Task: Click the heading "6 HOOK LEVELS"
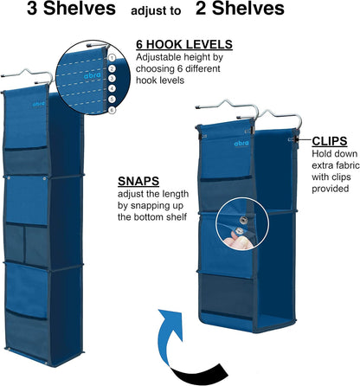184,45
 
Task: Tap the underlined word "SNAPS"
138,181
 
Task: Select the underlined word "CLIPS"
330,141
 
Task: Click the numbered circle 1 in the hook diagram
112,58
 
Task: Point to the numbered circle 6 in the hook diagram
112,110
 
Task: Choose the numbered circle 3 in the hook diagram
112,79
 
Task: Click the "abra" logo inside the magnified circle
93,75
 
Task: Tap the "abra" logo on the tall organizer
39,104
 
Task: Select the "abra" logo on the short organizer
241,143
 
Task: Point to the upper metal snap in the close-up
244,221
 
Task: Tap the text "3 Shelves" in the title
71,9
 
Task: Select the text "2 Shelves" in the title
240,9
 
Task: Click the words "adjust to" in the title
156,11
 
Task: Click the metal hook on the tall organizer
28,76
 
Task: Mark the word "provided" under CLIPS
331,189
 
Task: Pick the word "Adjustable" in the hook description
157,57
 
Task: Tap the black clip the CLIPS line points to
295,140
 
